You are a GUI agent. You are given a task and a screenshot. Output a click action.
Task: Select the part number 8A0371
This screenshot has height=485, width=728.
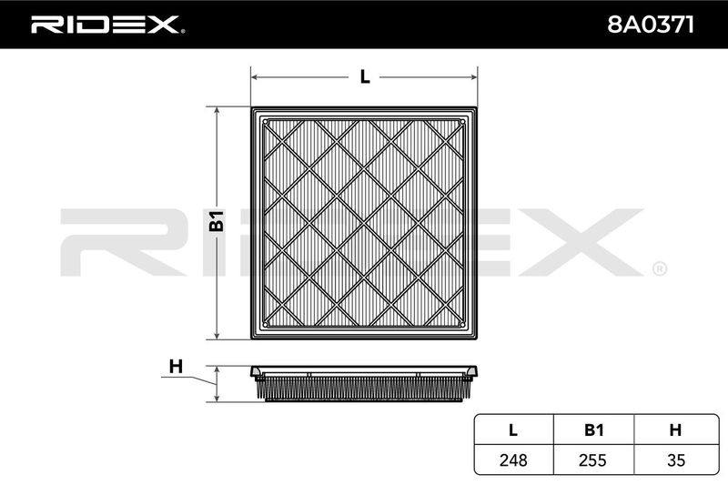click(651, 25)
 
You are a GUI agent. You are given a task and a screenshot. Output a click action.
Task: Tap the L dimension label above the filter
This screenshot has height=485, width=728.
click(365, 76)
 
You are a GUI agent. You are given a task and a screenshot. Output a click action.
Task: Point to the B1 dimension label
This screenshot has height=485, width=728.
click(217, 221)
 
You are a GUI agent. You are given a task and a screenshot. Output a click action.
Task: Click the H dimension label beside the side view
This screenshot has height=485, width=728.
click(176, 367)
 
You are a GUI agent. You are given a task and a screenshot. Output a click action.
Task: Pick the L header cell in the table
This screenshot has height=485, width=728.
click(513, 430)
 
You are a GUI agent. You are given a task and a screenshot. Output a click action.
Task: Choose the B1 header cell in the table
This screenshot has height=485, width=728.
click(593, 430)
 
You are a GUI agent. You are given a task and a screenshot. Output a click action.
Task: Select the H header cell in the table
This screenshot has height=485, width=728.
click(675, 430)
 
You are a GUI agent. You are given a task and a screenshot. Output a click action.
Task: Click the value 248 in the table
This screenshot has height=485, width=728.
click(513, 460)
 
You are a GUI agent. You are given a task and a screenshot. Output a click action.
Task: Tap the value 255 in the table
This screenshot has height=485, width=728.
click(593, 460)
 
